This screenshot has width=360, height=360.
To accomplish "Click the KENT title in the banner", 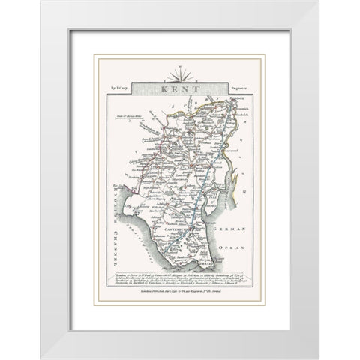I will [x=179, y=88].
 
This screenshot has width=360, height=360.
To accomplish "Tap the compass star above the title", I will [x=179, y=73].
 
